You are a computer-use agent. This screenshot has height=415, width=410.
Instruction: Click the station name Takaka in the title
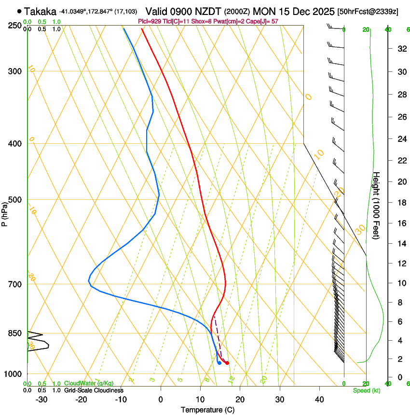(40, 11)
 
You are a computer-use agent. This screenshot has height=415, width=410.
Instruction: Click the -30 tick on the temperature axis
(41, 399)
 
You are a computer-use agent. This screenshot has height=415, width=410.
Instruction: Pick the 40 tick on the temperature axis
(319, 399)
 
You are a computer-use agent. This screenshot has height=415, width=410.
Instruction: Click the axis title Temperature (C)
(207, 410)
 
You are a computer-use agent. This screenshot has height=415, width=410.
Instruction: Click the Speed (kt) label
(366, 390)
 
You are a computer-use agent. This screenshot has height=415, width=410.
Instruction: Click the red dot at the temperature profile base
(227, 363)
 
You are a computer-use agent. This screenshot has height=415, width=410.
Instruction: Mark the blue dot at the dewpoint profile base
(219, 363)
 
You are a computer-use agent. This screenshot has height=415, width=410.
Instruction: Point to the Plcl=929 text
(150, 21)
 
